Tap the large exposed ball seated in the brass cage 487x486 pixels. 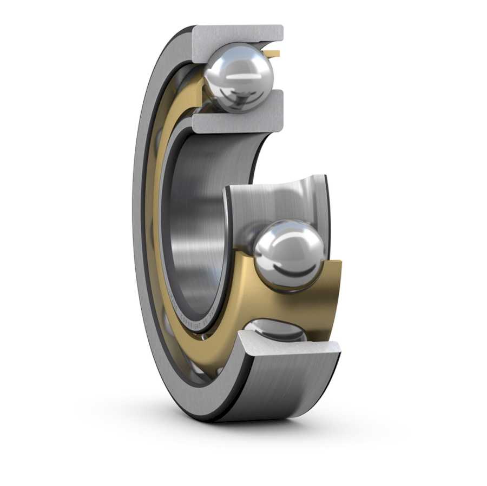click(x=289, y=254)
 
